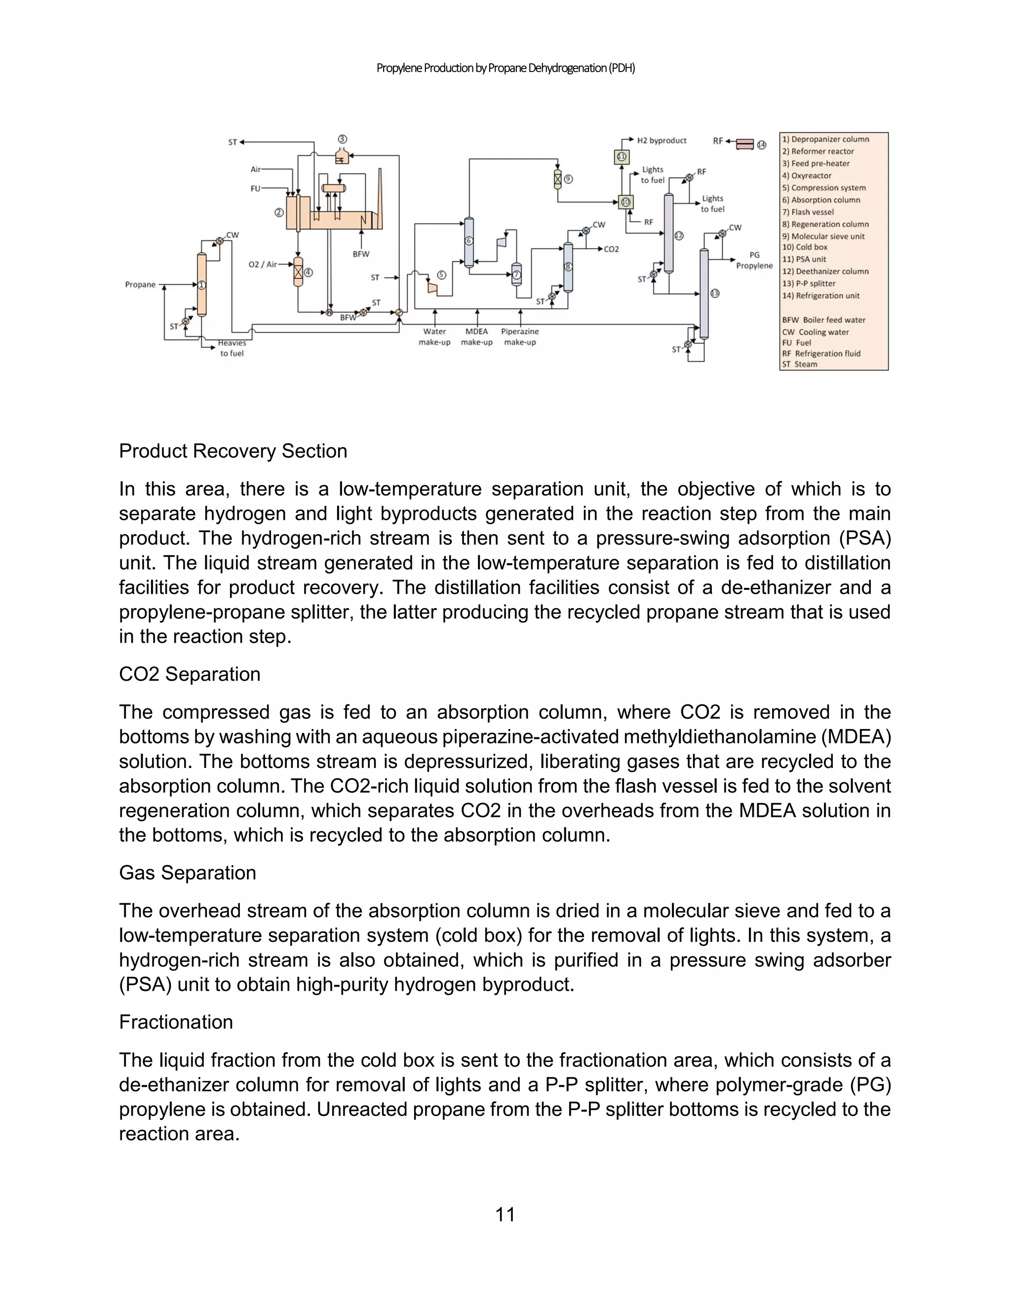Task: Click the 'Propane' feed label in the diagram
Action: [140, 284]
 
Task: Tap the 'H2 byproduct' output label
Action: [661, 141]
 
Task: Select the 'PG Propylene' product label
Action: [754, 261]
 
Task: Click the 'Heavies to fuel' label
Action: [232, 348]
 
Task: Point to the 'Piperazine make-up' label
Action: [519, 337]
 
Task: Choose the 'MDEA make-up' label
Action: [477, 337]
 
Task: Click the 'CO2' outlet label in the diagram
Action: [611, 249]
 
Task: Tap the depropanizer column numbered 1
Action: [202, 284]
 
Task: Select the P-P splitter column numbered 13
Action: [704, 294]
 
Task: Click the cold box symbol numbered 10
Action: [626, 202]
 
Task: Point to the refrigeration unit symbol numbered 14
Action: [744, 144]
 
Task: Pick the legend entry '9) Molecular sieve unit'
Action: [823, 236]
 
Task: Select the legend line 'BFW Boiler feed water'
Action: [823, 320]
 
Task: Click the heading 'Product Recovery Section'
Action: [233, 451]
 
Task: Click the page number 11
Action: [505, 1215]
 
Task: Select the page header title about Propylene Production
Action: [505, 68]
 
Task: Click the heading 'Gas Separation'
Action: [187, 873]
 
